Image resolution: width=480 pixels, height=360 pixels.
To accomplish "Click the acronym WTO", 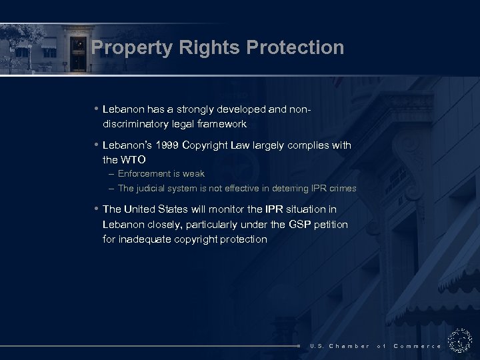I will coord(133,160).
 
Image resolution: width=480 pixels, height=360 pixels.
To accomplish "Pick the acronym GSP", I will coord(296,224).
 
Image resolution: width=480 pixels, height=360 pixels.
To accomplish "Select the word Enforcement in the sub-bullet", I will coord(144,174).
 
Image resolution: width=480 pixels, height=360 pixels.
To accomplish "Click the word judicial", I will coord(156,189).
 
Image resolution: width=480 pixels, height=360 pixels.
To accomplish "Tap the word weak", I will coord(193,174).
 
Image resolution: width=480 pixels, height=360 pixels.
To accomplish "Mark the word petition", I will coord(331,224).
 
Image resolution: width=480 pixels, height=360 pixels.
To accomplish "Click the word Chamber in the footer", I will coord(349,346).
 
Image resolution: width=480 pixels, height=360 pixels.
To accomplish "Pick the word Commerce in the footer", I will coord(417,346).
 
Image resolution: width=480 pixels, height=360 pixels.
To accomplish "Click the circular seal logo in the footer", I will coord(460,341).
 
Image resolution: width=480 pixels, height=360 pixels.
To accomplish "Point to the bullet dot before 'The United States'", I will coord(97,209).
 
